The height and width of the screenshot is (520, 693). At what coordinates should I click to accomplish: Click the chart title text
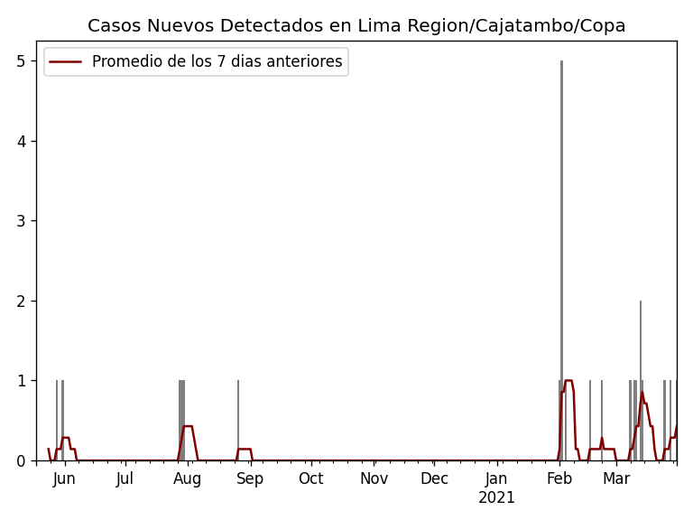pyautogui.click(x=356, y=26)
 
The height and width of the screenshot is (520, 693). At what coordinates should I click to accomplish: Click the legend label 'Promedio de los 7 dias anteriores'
pyautogui.click(x=217, y=62)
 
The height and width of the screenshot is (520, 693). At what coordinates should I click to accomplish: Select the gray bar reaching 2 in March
pyautogui.click(x=641, y=379)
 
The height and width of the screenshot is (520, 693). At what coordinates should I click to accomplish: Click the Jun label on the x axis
pyautogui.click(x=64, y=479)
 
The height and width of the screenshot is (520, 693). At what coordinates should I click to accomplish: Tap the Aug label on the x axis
pyautogui.click(x=187, y=479)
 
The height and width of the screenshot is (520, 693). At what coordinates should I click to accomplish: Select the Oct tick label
pyautogui.click(x=310, y=479)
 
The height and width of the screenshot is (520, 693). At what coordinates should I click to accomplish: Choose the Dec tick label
pyautogui.click(x=434, y=479)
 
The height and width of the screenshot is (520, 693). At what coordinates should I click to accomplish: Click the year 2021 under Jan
pyautogui.click(x=496, y=498)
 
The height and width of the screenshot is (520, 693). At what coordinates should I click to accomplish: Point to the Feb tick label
pyautogui.click(x=559, y=479)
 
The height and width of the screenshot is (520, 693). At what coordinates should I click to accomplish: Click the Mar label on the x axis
pyautogui.click(x=616, y=479)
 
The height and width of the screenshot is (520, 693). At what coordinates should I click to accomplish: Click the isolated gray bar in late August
pyautogui.click(x=238, y=420)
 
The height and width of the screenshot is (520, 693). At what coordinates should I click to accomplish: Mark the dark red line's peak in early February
pyautogui.click(x=568, y=381)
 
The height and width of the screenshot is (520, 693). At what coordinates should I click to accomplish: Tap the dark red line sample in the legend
pyautogui.click(x=65, y=62)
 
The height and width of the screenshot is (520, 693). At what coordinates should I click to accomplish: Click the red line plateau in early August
pyautogui.click(x=188, y=426)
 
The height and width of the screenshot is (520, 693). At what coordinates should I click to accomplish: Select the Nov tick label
pyautogui.click(x=374, y=479)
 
